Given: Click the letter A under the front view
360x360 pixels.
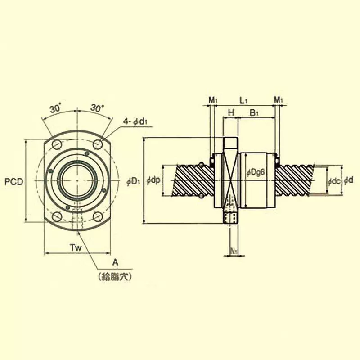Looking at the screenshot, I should pyautogui.click(x=115, y=262).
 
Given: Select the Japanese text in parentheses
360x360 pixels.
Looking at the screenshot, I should pyautogui.click(x=115, y=277).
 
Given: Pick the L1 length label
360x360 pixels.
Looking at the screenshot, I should pyautogui.click(x=243, y=99).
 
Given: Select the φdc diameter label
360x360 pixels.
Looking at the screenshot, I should pyautogui.click(x=333, y=181).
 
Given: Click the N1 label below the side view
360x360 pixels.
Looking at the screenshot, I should pyautogui.click(x=234, y=250).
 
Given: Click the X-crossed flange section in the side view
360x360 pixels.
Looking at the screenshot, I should pyautogui.click(x=230, y=180).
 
